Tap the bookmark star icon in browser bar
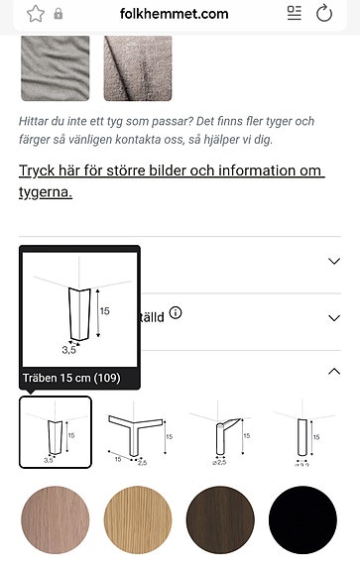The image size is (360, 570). point(36,14)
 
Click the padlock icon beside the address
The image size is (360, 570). point(59,15)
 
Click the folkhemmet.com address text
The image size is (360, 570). point(174,14)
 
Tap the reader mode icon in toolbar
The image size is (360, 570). point(294,14)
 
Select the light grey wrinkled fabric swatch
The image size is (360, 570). point(55,67)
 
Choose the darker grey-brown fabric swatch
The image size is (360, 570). point(138,67)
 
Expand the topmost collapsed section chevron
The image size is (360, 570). point(333,262)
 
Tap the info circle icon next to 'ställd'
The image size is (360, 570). point(176,313)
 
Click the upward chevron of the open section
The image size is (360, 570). point(333,372)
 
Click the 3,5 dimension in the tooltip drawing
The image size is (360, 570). point(69,349)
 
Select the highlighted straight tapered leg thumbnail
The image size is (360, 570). point(56,432)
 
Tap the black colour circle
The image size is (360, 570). point(302,521)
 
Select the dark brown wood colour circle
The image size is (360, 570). point(220,521)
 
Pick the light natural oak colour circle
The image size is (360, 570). point(137,521)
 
